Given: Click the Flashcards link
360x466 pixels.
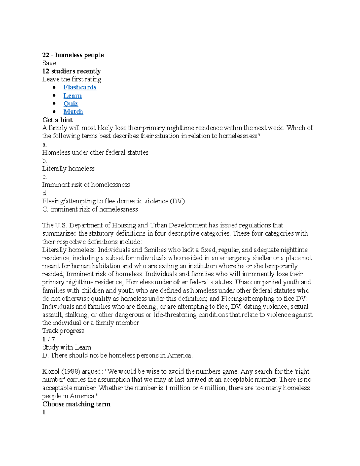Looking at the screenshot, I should (80, 87).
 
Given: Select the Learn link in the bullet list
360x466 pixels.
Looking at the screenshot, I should (73, 96).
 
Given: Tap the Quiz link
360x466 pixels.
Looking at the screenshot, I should (70, 104).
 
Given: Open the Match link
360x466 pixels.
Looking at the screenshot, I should (73, 112).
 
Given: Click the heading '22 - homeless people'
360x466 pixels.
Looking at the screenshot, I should (73, 55).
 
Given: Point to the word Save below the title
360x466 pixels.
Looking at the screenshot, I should (49, 63).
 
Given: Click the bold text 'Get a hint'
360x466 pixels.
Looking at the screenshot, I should (57, 120).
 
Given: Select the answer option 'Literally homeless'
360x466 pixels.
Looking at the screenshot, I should (68, 169).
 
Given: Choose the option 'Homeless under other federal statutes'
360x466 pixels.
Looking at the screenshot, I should (95, 152).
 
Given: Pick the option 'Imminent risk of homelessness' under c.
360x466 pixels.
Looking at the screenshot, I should (86, 185).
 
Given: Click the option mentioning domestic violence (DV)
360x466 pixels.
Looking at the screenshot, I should (113, 201).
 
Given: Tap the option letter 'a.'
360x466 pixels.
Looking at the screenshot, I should (44, 144).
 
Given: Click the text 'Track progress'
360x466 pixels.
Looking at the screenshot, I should (63, 331).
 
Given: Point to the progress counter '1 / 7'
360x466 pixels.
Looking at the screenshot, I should (49, 339).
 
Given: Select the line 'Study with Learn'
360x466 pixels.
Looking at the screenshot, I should (67, 347).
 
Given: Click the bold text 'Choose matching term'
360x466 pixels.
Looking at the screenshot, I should (76, 404).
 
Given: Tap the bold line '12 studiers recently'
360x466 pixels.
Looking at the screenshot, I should (71, 71).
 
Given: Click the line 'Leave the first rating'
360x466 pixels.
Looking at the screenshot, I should (72, 79).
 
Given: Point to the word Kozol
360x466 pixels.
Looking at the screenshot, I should (51, 371).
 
